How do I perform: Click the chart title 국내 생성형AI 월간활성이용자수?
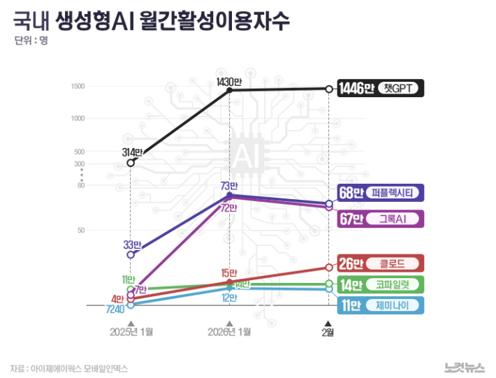pyautogui.click(x=151, y=20)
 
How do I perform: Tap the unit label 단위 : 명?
pyautogui.click(x=31, y=40)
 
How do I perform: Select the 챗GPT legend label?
pyautogui.click(x=400, y=89)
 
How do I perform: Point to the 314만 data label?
pyautogui.click(x=132, y=152)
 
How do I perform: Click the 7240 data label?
pyautogui.click(x=115, y=309)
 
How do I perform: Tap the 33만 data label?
pyautogui.click(x=132, y=245)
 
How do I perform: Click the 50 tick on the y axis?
pyautogui.click(x=80, y=230)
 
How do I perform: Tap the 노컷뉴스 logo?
pyautogui.click(x=464, y=367)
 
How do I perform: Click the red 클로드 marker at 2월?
pyautogui.click(x=329, y=267)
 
